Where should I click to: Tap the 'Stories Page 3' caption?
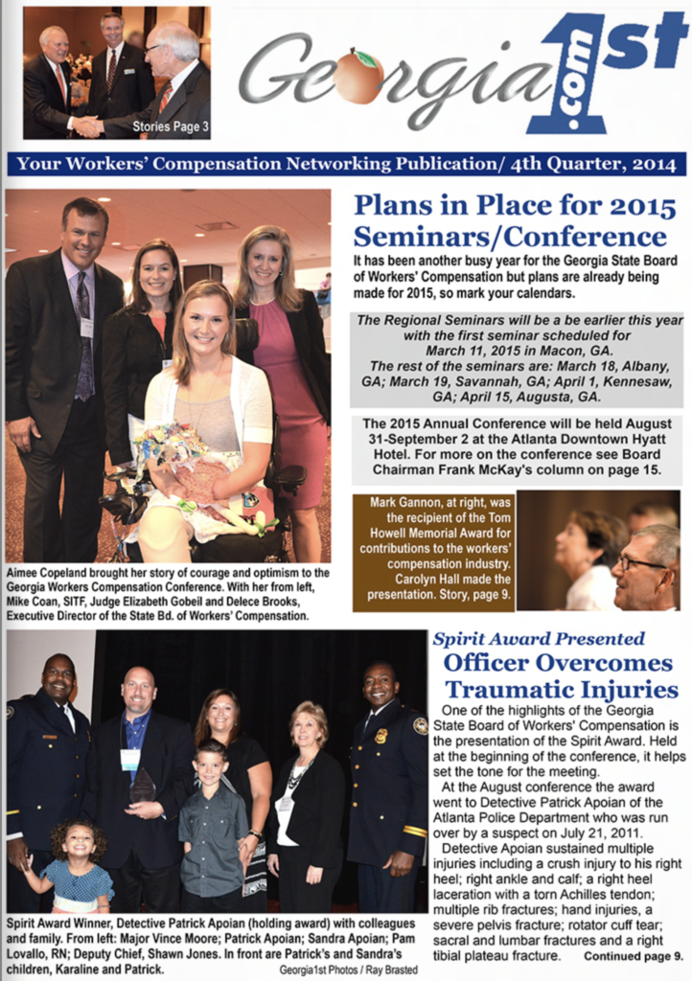pos(170,126)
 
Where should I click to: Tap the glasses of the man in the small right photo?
pos(639,561)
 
